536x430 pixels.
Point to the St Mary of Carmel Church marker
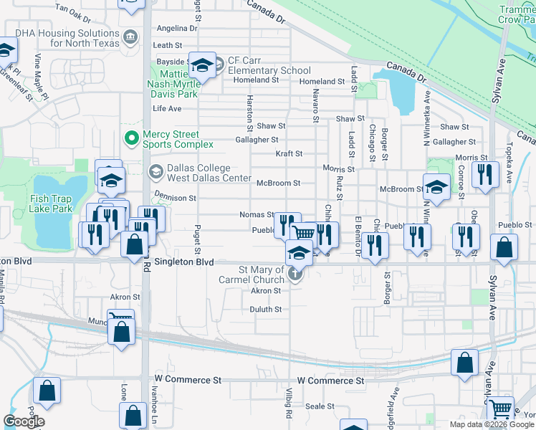coord(294,273)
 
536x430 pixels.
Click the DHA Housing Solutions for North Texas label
coord(63,38)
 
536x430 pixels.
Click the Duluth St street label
coord(265,310)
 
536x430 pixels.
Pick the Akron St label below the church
coord(266,291)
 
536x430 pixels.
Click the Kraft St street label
coord(289,153)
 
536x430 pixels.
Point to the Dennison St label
coord(175,198)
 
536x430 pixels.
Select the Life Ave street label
coord(167,109)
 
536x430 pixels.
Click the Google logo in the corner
coord(24,421)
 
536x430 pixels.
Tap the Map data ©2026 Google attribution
coord(492,424)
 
